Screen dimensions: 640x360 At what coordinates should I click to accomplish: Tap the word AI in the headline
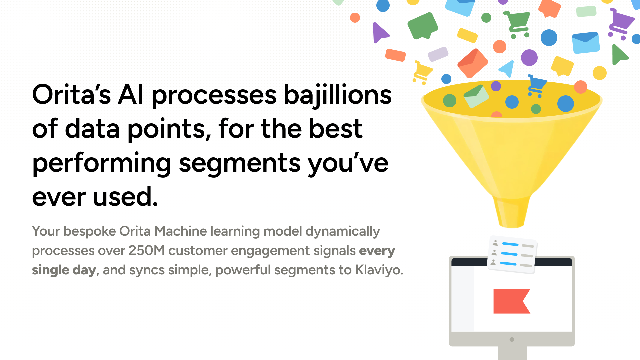click(131, 95)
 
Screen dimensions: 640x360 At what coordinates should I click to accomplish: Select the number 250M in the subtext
click(147, 251)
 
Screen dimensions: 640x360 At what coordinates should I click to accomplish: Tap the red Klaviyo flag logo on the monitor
click(512, 301)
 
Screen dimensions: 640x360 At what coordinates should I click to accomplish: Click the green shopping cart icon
click(517, 24)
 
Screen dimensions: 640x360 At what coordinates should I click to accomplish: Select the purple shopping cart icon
click(621, 24)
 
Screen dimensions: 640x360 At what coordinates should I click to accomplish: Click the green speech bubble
click(423, 26)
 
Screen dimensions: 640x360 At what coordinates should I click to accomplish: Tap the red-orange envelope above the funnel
click(473, 63)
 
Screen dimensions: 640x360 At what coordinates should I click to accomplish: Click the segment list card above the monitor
click(512, 255)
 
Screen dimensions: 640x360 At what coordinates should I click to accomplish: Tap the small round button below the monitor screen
click(512, 339)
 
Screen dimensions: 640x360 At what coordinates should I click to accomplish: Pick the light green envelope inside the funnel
click(476, 96)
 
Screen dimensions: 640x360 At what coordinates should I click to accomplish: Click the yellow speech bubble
click(562, 66)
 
